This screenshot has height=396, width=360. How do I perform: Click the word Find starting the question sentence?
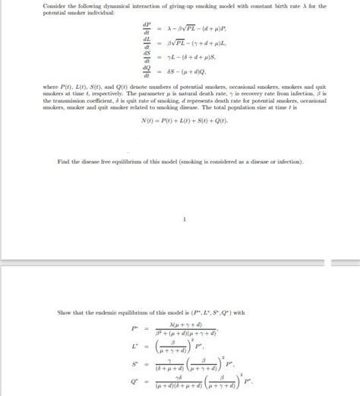click(x=63, y=161)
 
